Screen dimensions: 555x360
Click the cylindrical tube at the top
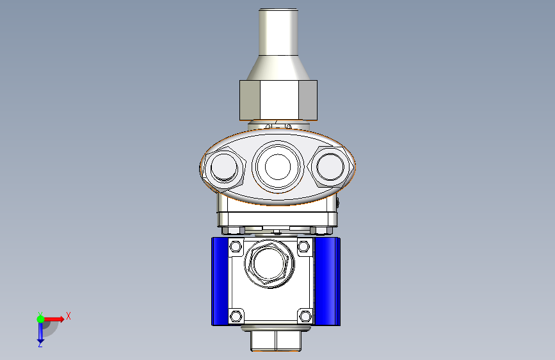click(x=278, y=32)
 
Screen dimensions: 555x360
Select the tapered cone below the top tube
click(x=278, y=68)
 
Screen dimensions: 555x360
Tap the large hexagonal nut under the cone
click(x=278, y=101)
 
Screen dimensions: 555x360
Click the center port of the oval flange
click(x=278, y=167)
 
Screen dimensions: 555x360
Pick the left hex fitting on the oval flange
click(x=223, y=167)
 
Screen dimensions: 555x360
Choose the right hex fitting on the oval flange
click(x=330, y=167)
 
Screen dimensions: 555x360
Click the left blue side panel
click(x=220, y=281)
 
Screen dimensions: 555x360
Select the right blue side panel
click(x=327, y=281)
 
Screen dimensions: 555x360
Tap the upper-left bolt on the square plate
click(x=236, y=246)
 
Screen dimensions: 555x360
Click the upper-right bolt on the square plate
click(x=303, y=246)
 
